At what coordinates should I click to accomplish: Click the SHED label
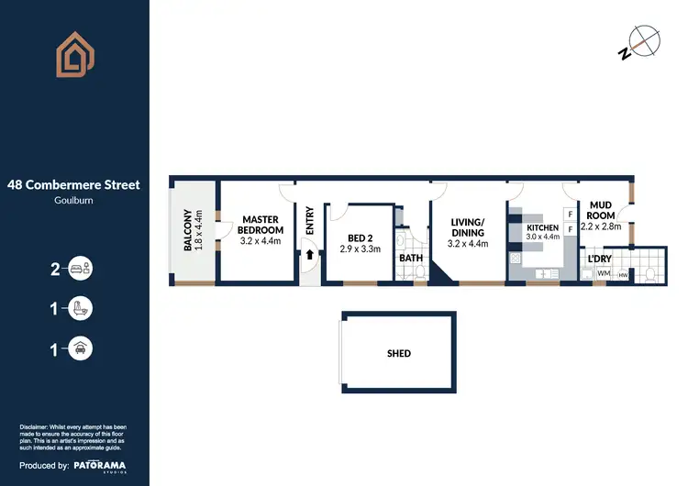pyautogui.click(x=399, y=353)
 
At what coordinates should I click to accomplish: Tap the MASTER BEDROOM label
pyautogui.click(x=261, y=225)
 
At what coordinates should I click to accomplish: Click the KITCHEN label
pyautogui.click(x=543, y=227)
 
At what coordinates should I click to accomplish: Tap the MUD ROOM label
pyautogui.click(x=602, y=210)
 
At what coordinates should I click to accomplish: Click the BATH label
pyautogui.click(x=410, y=258)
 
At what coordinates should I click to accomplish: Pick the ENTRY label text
pyautogui.click(x=309, y=219)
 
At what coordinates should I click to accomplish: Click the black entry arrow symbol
pyautogui.click(x=310, y=256)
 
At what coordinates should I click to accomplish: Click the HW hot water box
pyautogui.click(x=624, y=274)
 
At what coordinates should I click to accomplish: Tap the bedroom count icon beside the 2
pyautogui.click(x=83, y=269)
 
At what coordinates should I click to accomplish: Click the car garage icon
pyautogui.click(x=83, y=348)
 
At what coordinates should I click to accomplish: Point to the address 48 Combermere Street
pyautogui.click(x=74, y=184)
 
